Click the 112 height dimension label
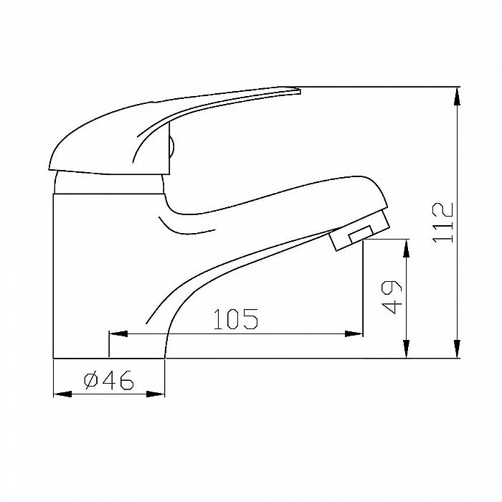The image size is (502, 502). (x=442, y=222)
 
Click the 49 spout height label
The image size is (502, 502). (x=392, y=298)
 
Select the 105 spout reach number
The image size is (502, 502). (x=236, y=319)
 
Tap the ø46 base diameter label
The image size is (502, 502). (x=108, y=380)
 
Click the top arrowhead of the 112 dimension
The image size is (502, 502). (x=458, y=96)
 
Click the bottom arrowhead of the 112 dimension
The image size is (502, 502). (x=458, y=349)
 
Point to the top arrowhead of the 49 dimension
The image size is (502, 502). (x=407, y=248)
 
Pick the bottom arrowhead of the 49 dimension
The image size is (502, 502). (x=407, y=349)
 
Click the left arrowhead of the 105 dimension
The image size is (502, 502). (x=118, y=334)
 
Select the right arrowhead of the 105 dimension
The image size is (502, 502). (x=354, y=334)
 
